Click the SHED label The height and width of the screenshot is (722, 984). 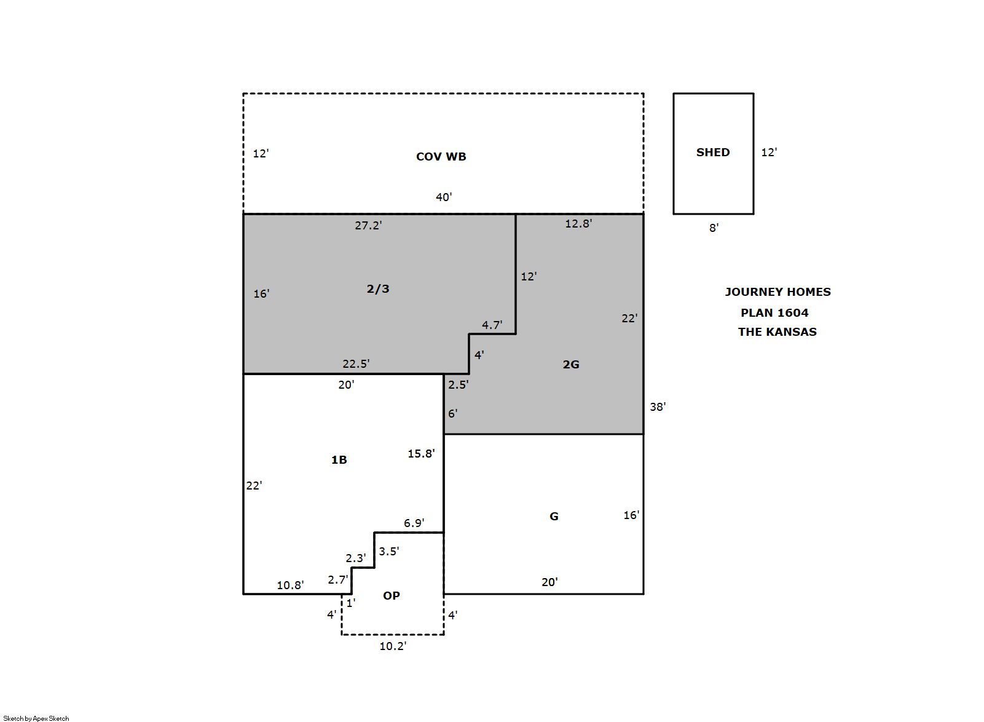(712, 153)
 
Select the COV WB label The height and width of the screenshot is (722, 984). (441, 157)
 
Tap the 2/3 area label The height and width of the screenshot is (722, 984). (378, 288)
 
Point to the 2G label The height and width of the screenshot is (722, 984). (570, 364)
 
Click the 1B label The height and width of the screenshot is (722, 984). (339, 459)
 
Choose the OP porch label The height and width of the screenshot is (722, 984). (391, 595)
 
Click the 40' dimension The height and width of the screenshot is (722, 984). (444, 197)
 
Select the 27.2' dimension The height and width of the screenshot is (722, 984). (368, 226)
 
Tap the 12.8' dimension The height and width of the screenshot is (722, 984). (578, 224)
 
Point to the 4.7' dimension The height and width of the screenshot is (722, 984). (492, 325)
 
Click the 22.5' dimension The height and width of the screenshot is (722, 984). (356, 364)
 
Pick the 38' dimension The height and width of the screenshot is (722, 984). (658, 407)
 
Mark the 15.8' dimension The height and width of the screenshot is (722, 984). (421, 453)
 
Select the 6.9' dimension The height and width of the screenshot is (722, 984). (414, 523)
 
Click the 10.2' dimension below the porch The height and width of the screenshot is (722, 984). (393, 646)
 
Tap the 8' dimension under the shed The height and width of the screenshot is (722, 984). (714, 228)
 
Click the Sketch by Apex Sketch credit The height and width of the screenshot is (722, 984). (36, 718)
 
